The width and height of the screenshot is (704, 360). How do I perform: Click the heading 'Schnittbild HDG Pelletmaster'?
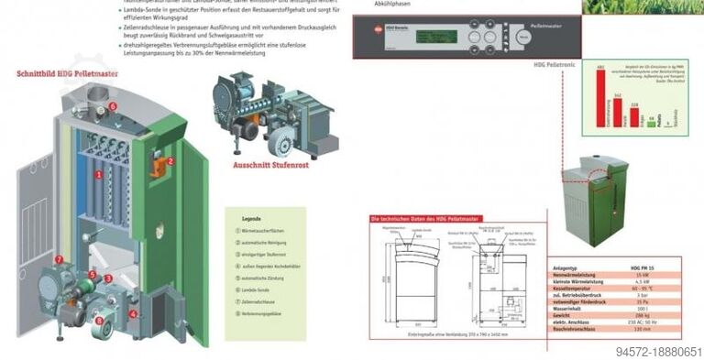point(67,72)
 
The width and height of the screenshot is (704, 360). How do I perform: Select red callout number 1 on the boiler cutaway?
point(99,174)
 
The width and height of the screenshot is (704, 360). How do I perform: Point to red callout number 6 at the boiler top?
point(114,106)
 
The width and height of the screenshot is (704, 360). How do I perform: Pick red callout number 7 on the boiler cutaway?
point(60,259)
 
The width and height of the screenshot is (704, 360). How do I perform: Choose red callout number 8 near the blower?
point(100,320)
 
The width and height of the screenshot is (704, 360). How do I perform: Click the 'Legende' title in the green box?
point(251,219)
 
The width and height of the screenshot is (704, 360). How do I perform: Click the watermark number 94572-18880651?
point(658,351)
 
